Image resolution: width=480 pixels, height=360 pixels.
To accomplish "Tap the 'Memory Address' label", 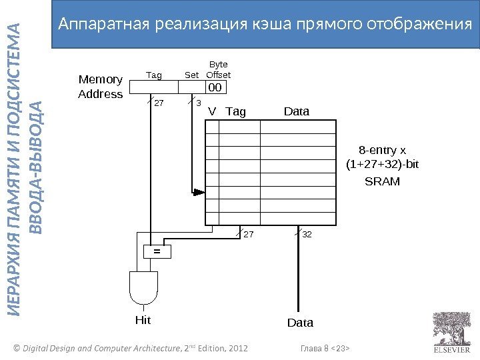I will pyautogui.click(x=101, y=87).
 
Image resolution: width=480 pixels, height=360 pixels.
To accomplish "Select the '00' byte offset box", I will pyautogui.click(x=215, y=87).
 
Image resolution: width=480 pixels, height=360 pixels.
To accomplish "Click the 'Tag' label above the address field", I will pyautogui.click(x=154, y=75).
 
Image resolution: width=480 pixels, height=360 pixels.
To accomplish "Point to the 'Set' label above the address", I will pyautogui.click(x=191, y=75).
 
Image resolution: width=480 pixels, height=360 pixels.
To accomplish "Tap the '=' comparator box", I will pyautogui.click(x=158, y=251).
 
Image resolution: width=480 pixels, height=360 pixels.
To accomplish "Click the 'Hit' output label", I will pyautogui.click(x=143, y=320).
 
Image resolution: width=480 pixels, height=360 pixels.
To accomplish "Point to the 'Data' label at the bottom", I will pyautogui.click(x=300, y=323).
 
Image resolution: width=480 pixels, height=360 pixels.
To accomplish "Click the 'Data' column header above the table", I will pyautogui.click(x=297, y=111).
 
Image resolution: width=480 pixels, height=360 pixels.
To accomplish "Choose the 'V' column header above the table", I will pyautogui.click(x=212, y=111).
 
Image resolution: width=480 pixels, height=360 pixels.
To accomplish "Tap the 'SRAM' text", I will pyautogui.click(x=383, y=181).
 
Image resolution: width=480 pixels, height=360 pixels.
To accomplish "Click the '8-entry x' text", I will pyautogui.click(x=383, y=150).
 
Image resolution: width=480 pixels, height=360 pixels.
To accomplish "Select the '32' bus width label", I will pyautogui.click(x=307, y=235).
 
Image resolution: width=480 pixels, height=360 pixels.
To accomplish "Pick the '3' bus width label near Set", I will pyautogui.click(x=198, y=103).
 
